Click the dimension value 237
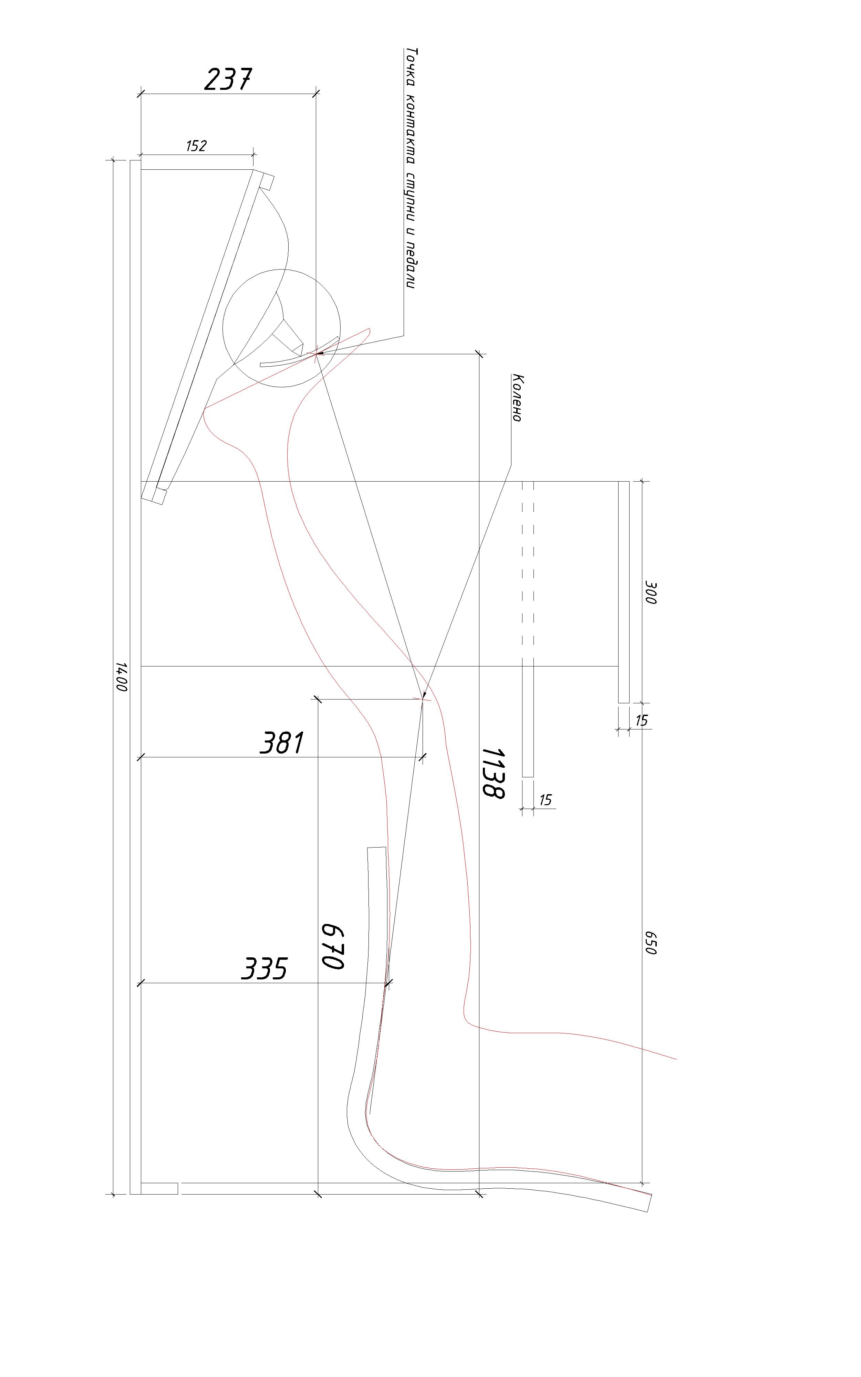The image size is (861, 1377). coord(228,79)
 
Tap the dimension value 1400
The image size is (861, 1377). coord(121,676)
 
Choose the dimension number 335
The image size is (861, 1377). coord(264,968)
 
